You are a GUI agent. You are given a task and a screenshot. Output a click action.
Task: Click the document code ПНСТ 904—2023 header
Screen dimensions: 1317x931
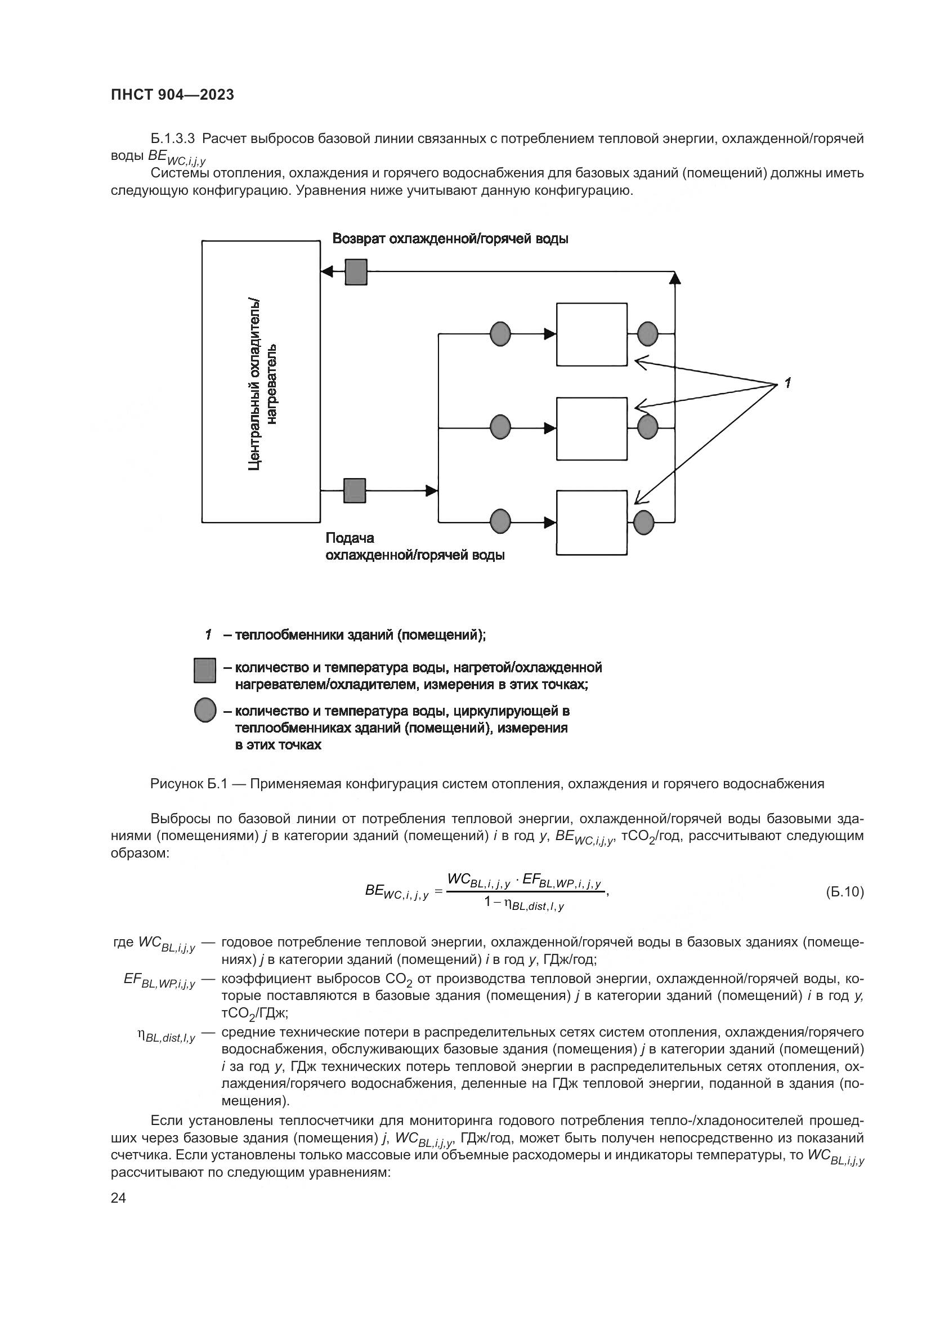(x=172, y=95)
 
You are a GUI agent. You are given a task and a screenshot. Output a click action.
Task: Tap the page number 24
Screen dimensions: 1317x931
(x=118, y=1197)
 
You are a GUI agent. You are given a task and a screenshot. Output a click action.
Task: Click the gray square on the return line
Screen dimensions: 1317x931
(x=356, y=272)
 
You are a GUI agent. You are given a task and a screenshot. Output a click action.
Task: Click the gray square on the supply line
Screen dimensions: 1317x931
(x=354, y=490)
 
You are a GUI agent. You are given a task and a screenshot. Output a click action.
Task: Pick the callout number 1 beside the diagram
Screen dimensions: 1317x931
(x=787, y=382)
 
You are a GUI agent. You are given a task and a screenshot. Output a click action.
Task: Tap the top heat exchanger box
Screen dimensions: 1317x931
(x=592, y=334)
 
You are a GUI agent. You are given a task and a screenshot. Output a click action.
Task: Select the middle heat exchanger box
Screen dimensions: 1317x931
(x=592, y=428)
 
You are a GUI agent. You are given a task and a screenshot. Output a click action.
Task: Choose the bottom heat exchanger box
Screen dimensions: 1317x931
(x=592, y=523)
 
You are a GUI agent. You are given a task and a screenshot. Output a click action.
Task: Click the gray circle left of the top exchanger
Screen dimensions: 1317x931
(x=500, y=333)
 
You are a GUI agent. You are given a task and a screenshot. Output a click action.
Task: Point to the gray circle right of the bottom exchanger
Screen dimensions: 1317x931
(x=644, y=522)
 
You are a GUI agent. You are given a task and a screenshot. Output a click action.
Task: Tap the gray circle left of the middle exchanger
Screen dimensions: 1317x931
(x=500, y=427)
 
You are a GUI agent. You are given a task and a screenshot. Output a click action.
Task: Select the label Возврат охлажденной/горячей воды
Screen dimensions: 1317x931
(x=450, y=239)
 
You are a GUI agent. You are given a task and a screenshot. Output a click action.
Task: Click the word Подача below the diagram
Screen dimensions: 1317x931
(x=350, y=538)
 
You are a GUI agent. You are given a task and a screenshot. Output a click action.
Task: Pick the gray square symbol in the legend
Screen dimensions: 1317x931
(x=205, y=671)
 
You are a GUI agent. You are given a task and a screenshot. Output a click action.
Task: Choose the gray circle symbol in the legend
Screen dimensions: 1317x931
(x=205, y=711)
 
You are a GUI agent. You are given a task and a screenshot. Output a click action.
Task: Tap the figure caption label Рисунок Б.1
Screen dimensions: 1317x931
(x=190, y=784)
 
